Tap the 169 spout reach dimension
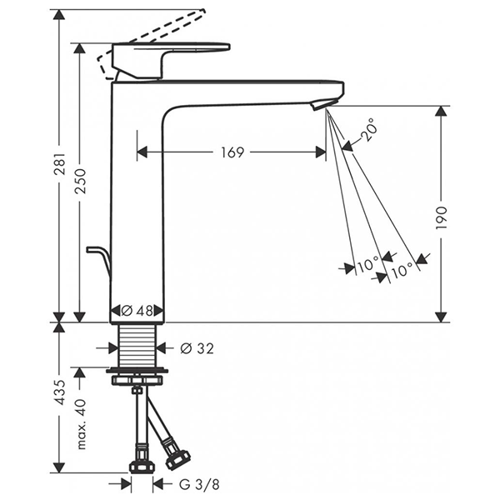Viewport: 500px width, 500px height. pyautogui.click(x=232, y=152)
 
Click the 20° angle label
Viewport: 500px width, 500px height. pyautogui.click(x=370, y=128)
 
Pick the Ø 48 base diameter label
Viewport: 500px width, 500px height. pyautogui.click(x=137, y=310)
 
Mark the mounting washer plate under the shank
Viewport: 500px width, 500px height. pyautogui.click(x=137, y=369)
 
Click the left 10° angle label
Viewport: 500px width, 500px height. pyautogui.click(x=367, y=266)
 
